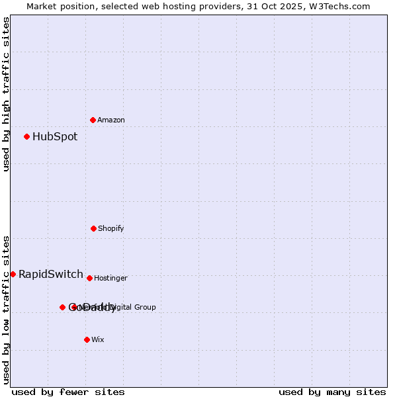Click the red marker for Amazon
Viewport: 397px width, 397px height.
click(93, 120)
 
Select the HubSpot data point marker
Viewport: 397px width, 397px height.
click(26, 136)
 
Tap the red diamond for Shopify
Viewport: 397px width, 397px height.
click(93, 228)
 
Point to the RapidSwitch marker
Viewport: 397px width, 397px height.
click(13, 274)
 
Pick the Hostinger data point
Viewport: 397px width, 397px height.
click(89, 278)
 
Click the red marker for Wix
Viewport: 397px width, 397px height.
click(87, 339)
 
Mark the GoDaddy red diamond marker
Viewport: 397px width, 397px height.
click(62, 307)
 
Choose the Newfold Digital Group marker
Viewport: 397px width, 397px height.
click(74, 307)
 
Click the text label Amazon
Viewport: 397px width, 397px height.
click(111, 120)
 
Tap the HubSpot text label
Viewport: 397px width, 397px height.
click(55, 137)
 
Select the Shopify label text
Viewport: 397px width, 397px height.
click(111, 228)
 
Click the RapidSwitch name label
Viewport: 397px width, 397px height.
click(51, 275)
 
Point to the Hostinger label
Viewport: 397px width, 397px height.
click(110, 278)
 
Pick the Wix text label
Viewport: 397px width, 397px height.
click(98, 339)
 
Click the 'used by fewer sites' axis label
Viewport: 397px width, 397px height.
click(68, 392)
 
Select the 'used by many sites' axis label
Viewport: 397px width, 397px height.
click(332, 392)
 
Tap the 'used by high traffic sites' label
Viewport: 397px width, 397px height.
click(6, 94)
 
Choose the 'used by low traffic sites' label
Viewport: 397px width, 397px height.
click(6, 310)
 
